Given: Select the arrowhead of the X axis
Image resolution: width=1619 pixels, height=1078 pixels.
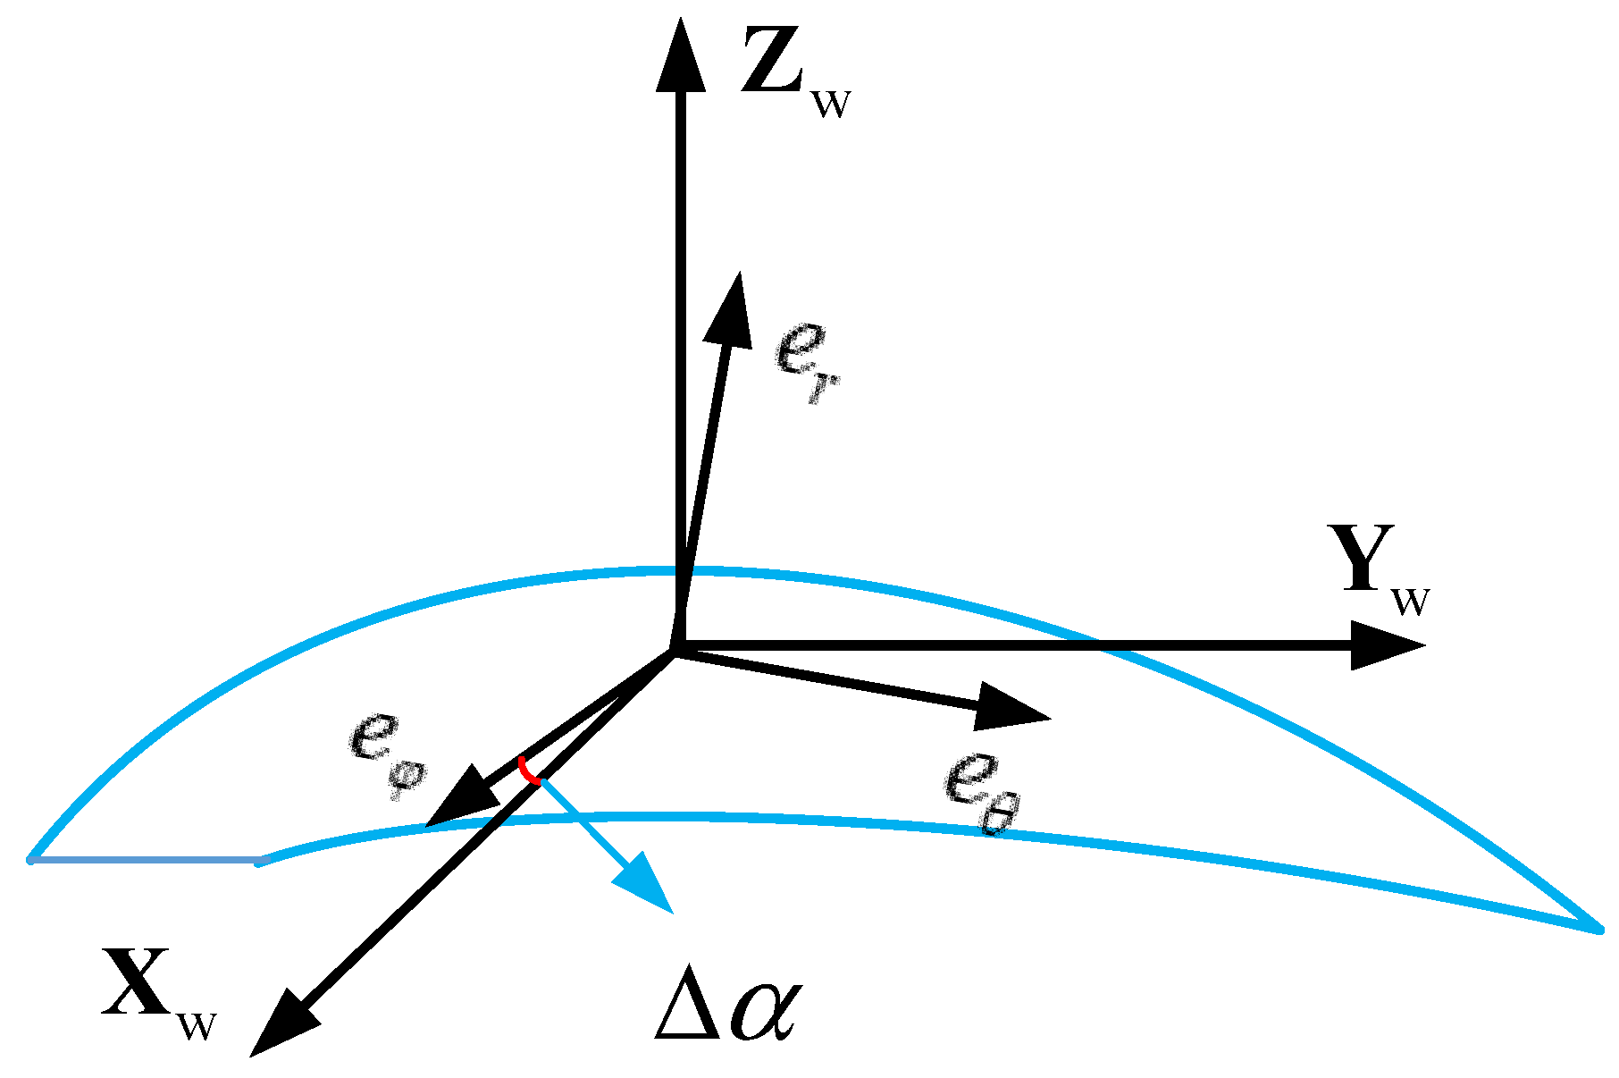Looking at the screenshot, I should coord(281,1023).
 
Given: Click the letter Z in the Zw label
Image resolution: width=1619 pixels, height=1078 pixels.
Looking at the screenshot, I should coord(774,61).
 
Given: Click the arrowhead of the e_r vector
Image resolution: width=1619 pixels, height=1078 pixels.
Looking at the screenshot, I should coord(728,308).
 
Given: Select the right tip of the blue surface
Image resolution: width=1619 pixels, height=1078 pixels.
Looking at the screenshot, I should coord(1598,929).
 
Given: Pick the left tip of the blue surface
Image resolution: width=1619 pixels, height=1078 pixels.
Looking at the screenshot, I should coord(32,860).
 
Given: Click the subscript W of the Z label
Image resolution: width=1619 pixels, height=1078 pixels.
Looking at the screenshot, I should coord(830,104).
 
